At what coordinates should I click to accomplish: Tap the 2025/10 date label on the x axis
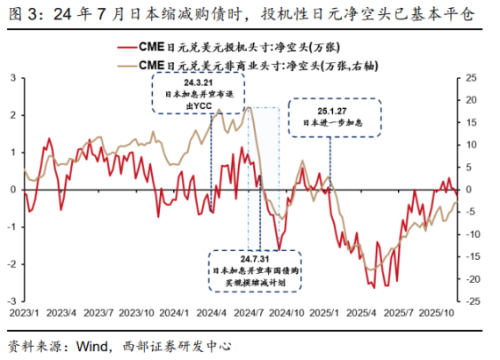tap(436, 312)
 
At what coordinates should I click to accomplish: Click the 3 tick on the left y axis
tap(11, 78)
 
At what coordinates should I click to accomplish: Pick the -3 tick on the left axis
tap(10, 300)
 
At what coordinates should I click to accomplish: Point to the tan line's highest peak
tap(250, 108)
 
